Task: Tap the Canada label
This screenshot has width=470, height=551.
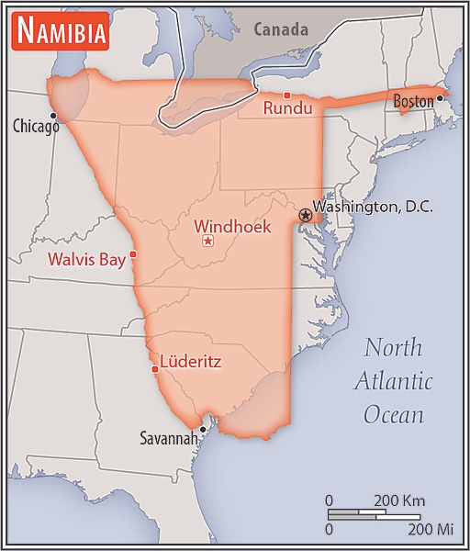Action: [281, 29]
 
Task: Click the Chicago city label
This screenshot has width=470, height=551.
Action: [36, 127]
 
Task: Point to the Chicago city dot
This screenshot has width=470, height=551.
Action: [53, 116]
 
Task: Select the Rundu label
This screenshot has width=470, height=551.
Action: [287, 109]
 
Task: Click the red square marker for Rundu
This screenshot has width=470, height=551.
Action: [286, 95]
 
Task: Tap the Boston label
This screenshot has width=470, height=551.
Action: [414, 102]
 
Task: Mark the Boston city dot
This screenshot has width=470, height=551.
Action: [440, 97]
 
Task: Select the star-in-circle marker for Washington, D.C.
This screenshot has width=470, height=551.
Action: [305, 215]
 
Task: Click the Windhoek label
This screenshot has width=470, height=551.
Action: [232, 226]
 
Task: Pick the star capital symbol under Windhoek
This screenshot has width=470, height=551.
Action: [208, 242]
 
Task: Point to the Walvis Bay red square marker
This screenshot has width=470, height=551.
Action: [133, 254]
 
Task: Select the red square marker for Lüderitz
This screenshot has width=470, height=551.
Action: [154, 369]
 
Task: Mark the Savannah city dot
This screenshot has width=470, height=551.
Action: [203, 429]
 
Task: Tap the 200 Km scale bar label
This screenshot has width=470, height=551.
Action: [398, 501]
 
